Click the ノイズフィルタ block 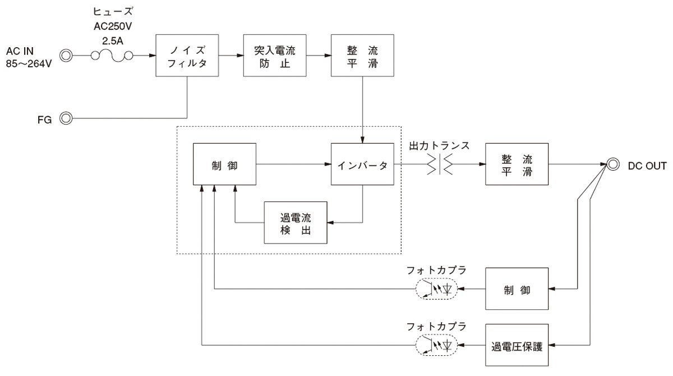tap(187, 56)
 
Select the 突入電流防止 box tap(275, 56)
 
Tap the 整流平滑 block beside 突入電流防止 tap(362, 56)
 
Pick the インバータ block tap(362, 164)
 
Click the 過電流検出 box tap(296, 222)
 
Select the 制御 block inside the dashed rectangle tap(224, 164)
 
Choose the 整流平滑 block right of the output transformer tap(517, 164)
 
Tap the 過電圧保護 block tap(517, 344)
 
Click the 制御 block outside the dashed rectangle tap(517, 290)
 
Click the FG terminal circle tap(66, 118)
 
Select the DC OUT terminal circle tap(613, 164)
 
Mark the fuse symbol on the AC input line tap(112, 56)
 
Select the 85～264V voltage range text tap(29, 63)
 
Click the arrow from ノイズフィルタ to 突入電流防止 tap(231, 56)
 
